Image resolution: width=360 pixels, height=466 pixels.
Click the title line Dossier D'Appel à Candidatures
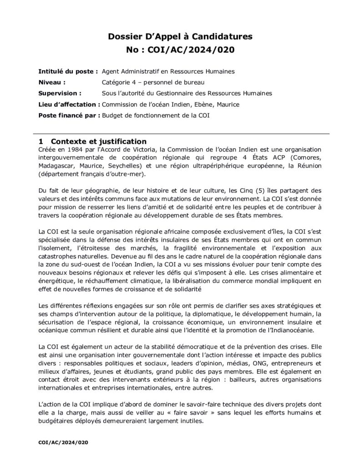point(180,36)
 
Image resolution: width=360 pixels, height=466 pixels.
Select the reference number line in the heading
point(180,50)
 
